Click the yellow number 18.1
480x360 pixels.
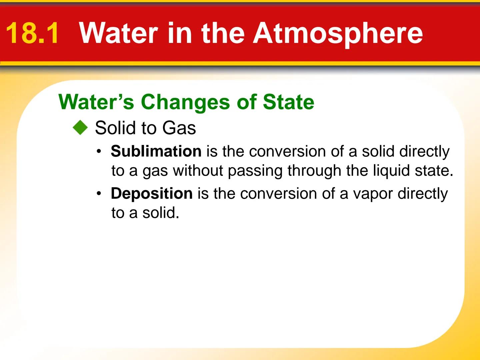(x=32, y=33)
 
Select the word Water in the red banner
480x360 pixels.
(x=119, y=33)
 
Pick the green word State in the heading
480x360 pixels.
(x=288, y=102)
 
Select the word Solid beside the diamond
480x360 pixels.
(x=116, y=128)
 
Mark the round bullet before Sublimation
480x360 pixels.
(x=99, y=151)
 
